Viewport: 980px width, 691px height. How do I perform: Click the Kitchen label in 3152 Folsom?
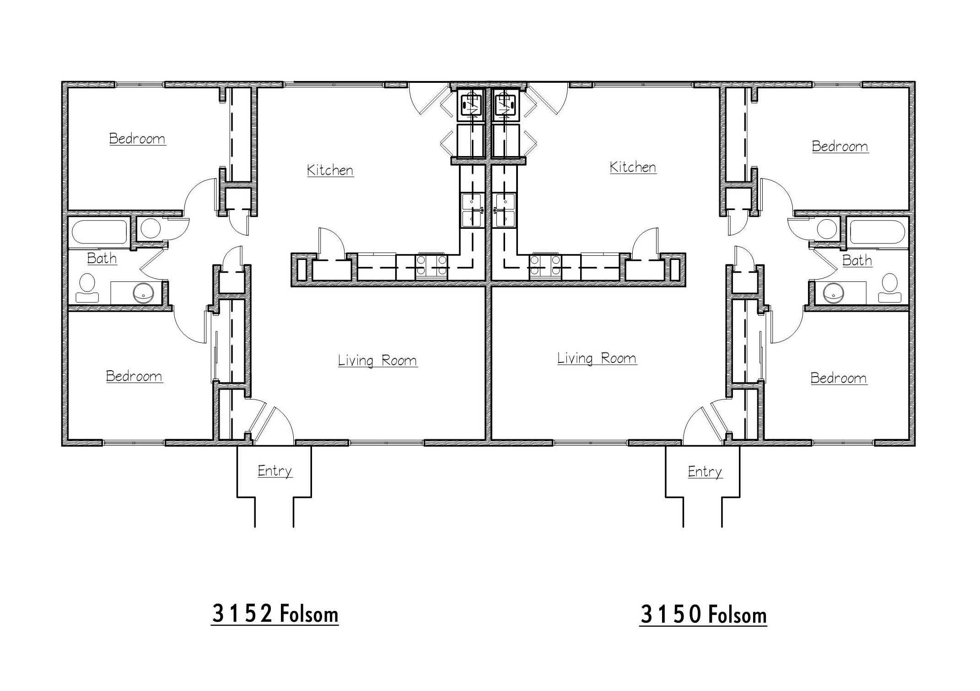(x=330, y=170)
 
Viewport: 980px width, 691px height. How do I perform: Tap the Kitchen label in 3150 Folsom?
(x=633, y=167)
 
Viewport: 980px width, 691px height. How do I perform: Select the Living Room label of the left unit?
(x=377, y=361)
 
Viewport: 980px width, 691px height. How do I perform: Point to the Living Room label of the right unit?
(x=597, y=358)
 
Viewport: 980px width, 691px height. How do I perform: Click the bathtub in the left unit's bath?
(x=99, y=232)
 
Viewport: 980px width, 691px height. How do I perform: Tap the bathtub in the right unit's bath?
(x=878, y=233)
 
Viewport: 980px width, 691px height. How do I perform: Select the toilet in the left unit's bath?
(x=87, y=288)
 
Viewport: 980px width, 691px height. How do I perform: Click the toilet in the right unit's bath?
(x=890, y=288)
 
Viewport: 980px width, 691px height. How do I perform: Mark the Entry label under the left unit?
(x=275, y=471)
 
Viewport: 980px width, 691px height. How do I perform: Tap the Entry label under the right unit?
(x=705, y=472)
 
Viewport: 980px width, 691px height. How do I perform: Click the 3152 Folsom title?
(x=275, y=614)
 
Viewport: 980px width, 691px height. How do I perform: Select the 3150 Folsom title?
(x=703, y=615)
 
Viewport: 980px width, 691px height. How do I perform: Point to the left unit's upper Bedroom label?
(x=137, y=139)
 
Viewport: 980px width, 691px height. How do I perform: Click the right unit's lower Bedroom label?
(x=839, y=378)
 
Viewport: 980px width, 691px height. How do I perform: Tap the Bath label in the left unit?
(x=102, y=259)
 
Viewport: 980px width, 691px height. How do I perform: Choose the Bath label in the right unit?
(x=857, y=260)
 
